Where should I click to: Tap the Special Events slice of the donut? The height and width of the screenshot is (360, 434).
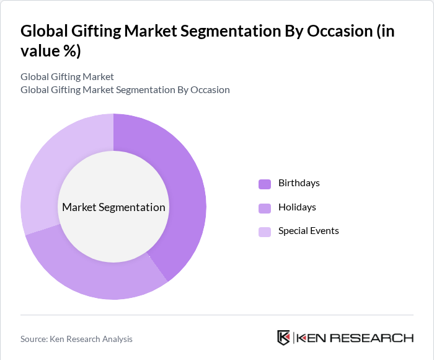[x=50, y=161]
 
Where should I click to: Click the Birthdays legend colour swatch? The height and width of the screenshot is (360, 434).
[x=265, y=184]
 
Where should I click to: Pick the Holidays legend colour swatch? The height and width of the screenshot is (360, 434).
[x=265, y=208]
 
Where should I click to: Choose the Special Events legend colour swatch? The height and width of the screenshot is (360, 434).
[x=265, y=232]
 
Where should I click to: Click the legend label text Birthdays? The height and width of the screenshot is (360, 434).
[x=299, y=183]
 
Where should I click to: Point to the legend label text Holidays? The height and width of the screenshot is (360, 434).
[x=297, y=207]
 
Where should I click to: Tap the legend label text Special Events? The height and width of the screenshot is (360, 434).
[x=308, y=231]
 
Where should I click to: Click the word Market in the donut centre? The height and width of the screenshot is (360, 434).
[x=79, y=207]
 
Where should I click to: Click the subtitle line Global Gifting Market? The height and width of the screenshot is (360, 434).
[x=67, y=77]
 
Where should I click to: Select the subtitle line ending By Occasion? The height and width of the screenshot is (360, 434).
[x=125, y=89]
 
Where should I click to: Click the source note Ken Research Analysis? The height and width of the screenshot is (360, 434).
[x=76, y=339]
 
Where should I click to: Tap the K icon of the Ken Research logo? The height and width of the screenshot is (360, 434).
[x=284, y=338]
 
